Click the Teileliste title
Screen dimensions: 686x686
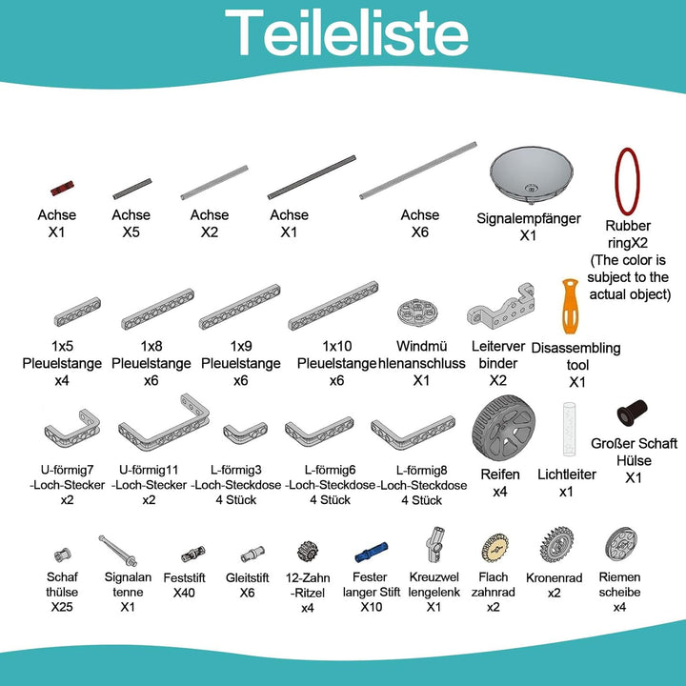point(347,33)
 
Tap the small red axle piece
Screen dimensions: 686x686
point(62,188)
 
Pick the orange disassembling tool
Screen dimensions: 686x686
point(571,306)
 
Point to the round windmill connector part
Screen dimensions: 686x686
point(417,313)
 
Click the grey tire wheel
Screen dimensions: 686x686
point(503,428)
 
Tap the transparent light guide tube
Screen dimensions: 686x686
point(569,429)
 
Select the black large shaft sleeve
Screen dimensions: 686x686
point(632,413)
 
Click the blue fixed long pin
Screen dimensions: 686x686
point(371,552)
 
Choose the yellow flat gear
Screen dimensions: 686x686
point(494,547)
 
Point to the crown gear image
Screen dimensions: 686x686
point(556,544)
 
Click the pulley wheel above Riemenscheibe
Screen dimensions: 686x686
point(621,544)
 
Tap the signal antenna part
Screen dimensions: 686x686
point(118,551)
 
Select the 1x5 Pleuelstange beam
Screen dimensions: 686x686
point(77,312)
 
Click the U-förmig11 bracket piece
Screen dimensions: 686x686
point(164,422)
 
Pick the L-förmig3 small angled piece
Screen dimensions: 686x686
point(245,433)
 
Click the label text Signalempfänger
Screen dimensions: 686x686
point(529,218)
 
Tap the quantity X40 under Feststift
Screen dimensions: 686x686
point(184,593)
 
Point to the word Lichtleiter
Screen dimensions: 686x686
point(567,474)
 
